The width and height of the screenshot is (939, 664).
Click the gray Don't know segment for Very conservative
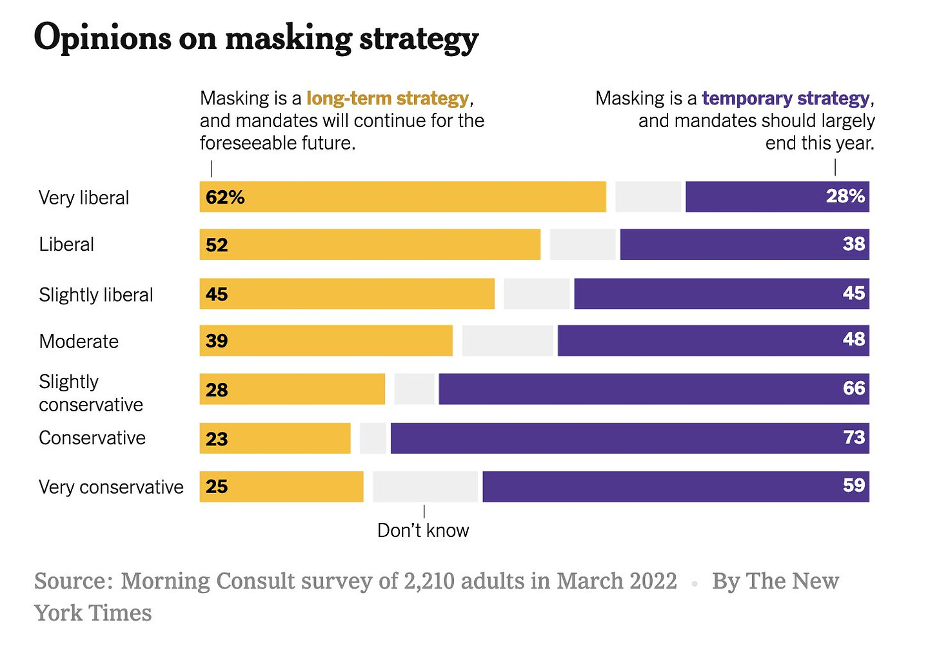(426, 487)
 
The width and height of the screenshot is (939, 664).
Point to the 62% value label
(225, 197)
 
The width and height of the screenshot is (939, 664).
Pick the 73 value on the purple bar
(854, 438)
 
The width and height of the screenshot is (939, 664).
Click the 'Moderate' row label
(79, 341)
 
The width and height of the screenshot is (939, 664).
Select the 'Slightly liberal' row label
(96, 295)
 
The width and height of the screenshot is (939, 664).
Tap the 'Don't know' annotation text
(423, 531)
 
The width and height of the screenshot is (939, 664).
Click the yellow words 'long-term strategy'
(388, 98)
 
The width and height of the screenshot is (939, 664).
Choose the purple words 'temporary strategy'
(786, 98)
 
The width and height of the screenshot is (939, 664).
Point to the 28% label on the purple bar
(845, 196)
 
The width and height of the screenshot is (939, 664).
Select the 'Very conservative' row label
(111, 487)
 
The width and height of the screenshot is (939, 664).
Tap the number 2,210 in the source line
(429, 581)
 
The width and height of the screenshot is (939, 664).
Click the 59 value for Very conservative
(854, 485)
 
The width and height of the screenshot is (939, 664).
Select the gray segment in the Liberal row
(582, 244)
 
